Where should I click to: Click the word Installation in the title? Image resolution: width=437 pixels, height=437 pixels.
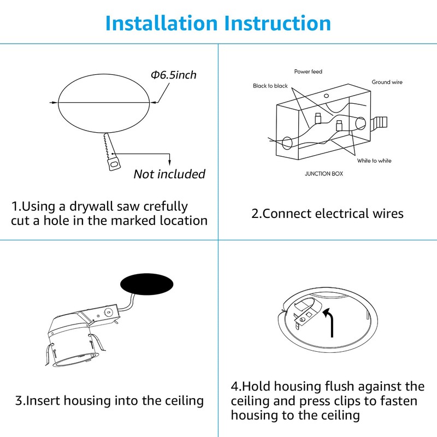158,23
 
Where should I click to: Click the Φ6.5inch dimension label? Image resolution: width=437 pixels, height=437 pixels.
173,74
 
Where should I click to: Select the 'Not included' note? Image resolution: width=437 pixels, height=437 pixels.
169,174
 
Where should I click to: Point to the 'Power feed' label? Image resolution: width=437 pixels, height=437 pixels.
308,72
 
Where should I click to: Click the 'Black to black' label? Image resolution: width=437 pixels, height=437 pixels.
270,86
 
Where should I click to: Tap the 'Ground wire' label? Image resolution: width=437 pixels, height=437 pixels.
387,82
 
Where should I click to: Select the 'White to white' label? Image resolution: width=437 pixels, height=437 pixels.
374,161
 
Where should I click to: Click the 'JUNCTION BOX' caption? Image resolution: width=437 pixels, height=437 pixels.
324,174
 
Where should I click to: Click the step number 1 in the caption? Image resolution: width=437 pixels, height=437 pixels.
15,207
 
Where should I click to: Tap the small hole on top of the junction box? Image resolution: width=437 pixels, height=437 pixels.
326,96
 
